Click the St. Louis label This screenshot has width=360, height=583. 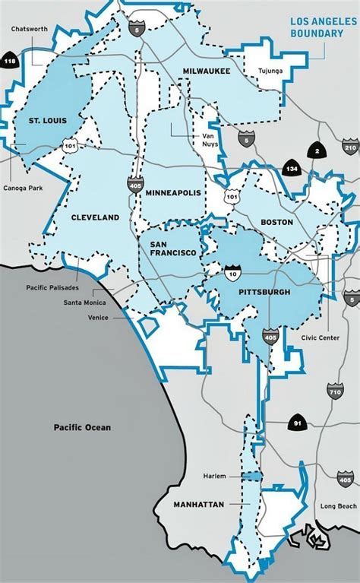46,120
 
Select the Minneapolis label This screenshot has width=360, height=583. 174,193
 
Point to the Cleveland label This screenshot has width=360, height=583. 95,217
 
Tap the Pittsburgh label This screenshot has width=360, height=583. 264,290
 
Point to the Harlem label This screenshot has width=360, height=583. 215,477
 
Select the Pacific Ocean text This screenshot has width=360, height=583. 82,427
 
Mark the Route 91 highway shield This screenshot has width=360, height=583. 296,422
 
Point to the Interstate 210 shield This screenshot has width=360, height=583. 349,146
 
